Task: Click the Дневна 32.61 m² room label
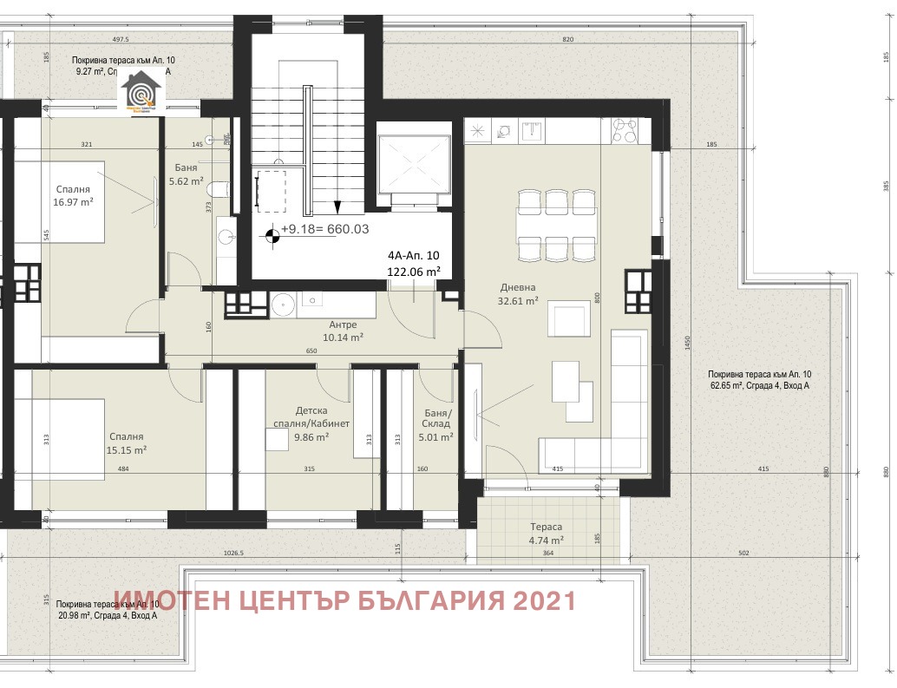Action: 519,294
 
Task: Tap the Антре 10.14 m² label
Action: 343,331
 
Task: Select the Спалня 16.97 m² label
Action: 73,195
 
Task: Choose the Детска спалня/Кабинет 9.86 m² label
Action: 311,423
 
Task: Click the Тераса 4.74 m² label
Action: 547,533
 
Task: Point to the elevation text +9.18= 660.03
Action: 325,229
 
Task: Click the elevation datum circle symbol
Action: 272,233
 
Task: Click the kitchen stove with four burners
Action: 625,130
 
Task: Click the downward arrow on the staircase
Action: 337,206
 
